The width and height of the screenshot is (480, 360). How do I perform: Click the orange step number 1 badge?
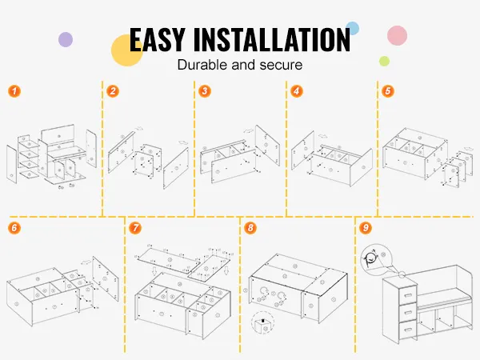click(14, 91)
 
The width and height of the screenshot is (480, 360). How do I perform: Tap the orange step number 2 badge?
click(113, 91)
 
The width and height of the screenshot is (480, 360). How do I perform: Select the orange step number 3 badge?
click(205, 91)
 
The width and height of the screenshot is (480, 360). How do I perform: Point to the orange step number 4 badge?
click(296, 91)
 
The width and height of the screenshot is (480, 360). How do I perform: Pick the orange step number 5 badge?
click(388, 91)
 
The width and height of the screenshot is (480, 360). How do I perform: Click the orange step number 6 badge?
click(14, 228)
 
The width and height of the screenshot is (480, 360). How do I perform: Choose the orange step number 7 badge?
click(135, 228)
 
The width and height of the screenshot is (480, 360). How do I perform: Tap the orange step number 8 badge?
click(250, 228)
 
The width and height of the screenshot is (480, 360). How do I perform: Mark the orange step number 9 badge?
click(366, 228)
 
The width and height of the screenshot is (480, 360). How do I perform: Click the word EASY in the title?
click(158, 40)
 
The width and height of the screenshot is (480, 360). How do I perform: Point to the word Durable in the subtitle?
click(202, 65)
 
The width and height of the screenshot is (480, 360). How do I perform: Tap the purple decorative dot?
click(66, 39)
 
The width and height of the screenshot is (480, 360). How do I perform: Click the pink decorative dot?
click(397, 35)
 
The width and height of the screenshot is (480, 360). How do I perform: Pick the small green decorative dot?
click(384, 62)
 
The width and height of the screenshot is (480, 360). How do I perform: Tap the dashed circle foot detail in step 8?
click(262, 322)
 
